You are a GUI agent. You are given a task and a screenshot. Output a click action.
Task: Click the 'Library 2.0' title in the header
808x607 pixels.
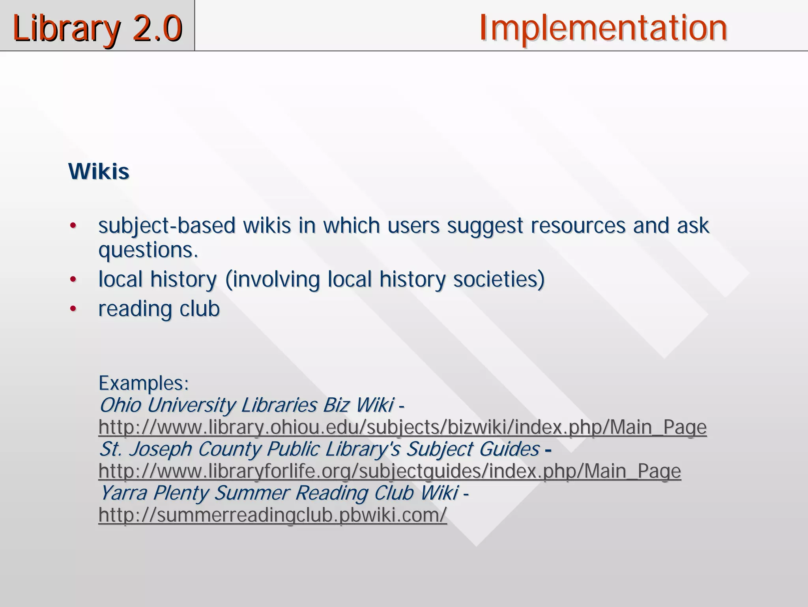click(97, 28)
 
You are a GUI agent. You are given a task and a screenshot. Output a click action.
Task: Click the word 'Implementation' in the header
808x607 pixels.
click(603, 28)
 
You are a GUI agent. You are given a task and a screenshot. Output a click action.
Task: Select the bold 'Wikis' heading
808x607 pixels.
click(99, 171)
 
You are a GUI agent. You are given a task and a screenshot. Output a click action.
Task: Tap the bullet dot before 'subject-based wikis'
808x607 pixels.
click(73, 226)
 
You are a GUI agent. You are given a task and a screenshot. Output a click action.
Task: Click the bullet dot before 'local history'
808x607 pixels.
click(73, 280)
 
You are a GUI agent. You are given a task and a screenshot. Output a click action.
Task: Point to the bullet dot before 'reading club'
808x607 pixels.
click(73, 309)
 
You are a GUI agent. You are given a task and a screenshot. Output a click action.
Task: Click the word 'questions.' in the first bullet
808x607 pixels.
click(148, 250)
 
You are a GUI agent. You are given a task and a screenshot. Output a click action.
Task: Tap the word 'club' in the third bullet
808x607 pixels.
click(199, 309)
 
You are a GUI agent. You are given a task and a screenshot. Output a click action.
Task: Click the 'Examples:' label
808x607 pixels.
click(144, 383)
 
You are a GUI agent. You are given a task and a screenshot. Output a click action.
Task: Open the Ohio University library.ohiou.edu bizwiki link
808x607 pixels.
click(402, 427)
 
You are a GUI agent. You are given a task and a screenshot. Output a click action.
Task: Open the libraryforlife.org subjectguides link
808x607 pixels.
click(389, 471)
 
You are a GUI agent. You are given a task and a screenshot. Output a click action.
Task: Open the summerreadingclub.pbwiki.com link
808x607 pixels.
click(273, 515)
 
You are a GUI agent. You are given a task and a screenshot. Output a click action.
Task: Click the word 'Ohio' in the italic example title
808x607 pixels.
click(120, 405)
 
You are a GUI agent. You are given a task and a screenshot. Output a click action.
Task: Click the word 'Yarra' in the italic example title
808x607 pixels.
click(123, 493)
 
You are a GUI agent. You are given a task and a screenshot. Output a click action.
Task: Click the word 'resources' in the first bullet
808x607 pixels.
click(578, 226)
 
